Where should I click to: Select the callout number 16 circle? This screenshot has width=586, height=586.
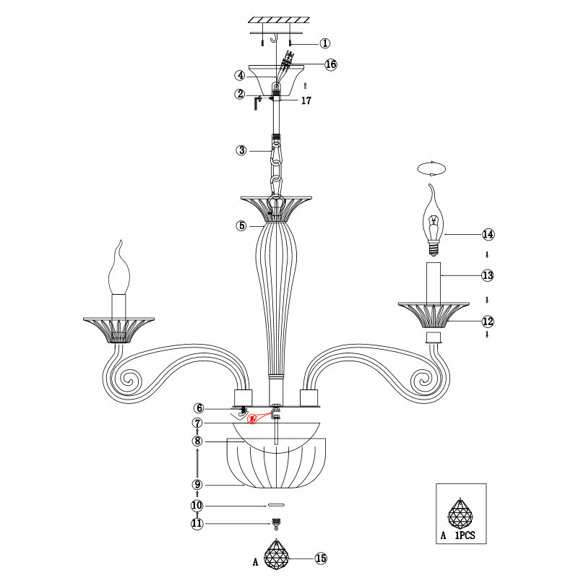[x=330, y=64]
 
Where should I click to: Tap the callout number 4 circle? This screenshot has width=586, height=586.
[x=239, y=75]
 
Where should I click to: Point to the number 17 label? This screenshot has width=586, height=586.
[x=306, y=101]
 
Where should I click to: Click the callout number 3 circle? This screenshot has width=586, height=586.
[x=241, y=150]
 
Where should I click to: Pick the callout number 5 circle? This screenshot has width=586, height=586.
[x=241, y=225]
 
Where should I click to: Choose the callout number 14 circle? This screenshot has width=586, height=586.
[x=488, y=234]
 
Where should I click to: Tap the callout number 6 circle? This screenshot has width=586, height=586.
[x=197, y=409]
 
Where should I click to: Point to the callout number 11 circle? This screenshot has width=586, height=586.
[x=197, y=524]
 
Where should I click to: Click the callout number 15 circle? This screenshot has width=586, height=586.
[x=321, y=558]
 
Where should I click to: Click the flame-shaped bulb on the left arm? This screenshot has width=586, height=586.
[x=119, y=271]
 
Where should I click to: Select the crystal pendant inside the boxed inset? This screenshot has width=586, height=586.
[x=461, y=514]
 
